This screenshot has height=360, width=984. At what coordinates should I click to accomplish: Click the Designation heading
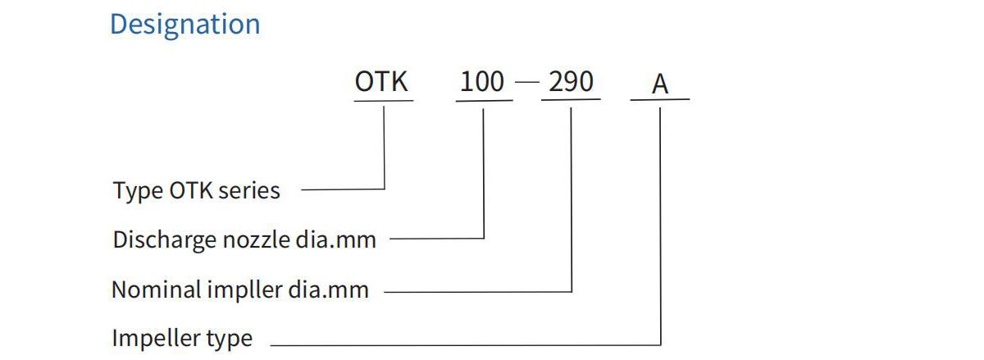pos(185,25)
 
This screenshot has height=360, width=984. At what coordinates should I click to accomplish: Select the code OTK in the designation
pos(381,82)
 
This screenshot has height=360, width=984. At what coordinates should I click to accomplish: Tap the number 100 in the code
pos(482,82)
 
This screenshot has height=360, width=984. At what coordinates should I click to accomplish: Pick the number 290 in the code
pos(571,82)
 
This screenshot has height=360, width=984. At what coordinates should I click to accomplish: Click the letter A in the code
pos(660,84)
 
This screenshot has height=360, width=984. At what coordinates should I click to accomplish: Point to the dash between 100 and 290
pos(526,82)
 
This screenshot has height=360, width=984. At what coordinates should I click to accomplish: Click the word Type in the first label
pos(138,192)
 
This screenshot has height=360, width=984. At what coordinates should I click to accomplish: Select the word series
pos(249,191)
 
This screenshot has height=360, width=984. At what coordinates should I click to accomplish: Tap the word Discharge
pos(165,240)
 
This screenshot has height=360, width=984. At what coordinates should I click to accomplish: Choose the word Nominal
pos(157,290)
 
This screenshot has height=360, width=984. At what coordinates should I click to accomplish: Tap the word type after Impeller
pos(230,339)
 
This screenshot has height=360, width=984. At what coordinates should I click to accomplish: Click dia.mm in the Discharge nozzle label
pos(336,240)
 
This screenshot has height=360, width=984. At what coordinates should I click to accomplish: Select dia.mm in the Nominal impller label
pos(329,290)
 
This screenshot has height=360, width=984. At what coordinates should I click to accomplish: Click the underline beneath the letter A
pos(660,100)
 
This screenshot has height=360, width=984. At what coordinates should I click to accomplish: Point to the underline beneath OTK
pos(384,101)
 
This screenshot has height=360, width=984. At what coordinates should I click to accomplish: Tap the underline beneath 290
pos(571,100)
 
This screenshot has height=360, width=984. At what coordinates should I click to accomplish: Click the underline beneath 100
pos(484,101)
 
